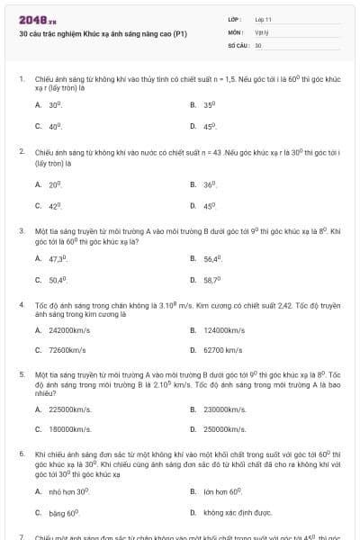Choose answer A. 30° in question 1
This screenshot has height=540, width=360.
pyautogui.click(x=53, y=105)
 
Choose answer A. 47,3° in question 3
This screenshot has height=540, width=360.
pyautogui.click(x=56, y=258)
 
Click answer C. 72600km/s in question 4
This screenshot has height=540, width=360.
pyautogui.click(x=62, y=350)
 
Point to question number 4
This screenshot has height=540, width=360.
pyautogui.click(x=21, y=305)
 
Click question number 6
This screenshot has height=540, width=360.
pyautogui.click(x=21, y=454)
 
